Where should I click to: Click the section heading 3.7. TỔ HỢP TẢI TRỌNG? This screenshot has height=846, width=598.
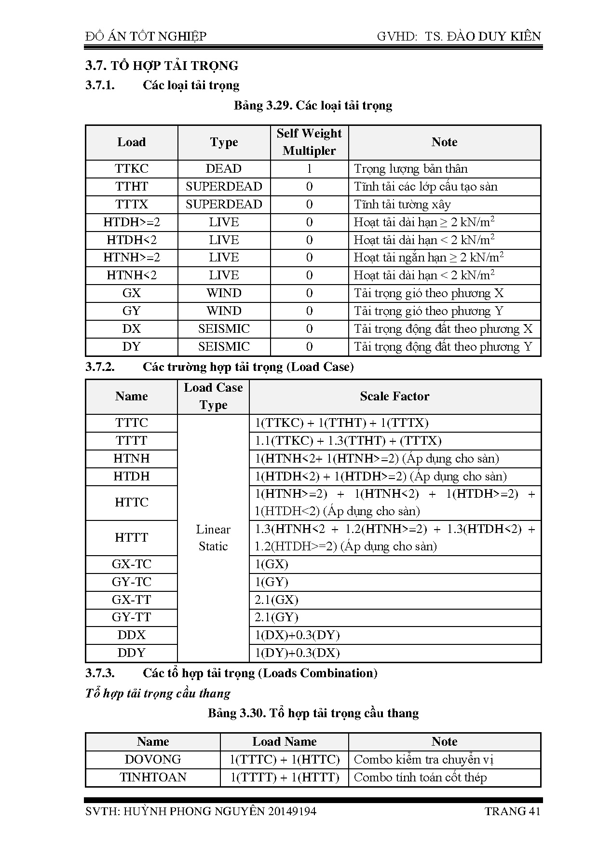[162, 66]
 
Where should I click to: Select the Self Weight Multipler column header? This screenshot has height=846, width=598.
[309, 142]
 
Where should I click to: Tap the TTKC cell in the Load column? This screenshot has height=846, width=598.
[132, 169]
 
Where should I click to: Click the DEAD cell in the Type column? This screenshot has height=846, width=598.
[224, 169]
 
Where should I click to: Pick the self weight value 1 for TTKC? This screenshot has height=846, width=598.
[309, 169]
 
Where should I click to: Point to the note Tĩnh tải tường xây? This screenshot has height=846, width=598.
[402, 205]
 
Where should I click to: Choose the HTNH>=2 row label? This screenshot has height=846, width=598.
[132, 258]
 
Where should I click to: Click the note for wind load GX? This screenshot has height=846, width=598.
[428, 293]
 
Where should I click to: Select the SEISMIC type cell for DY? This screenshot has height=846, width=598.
[224, 347]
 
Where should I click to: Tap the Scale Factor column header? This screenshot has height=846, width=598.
[394, 396]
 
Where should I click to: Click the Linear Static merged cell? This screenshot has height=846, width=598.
[213, 538]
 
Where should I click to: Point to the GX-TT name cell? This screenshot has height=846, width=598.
[132, 600]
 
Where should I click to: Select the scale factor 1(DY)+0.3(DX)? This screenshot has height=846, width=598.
[297, 653]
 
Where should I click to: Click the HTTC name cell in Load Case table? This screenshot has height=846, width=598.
[132, 503]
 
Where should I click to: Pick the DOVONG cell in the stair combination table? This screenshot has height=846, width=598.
[153, 760]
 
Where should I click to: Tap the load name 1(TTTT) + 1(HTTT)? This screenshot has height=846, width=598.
[285, 778]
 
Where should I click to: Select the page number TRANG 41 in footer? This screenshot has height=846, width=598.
[512, 811]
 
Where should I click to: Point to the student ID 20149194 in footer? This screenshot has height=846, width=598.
[292, 811]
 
